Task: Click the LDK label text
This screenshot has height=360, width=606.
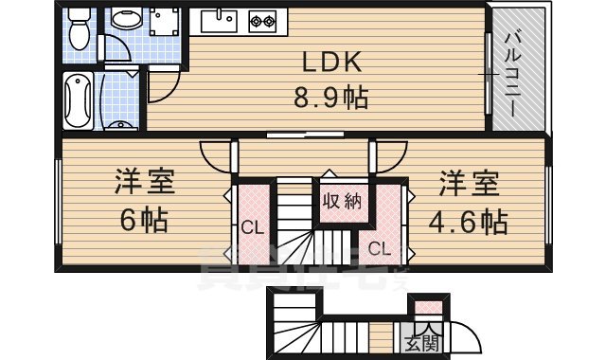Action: pyautogui.click(x=330, y=63)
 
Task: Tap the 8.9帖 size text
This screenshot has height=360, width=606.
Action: pyautogui.click(x=330, y=97)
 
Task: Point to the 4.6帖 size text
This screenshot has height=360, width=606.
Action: pyautogui.click(x=468, y=222)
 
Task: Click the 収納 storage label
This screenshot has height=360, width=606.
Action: pyautogui.click(x=342, y=201)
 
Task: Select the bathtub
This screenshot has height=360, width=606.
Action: pyautogui.click(x=79, y=99)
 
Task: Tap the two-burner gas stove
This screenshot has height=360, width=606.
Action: pyautogui.click(x=261, y=21)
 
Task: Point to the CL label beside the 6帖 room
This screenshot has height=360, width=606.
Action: pyautogui.click(x=250, y=227)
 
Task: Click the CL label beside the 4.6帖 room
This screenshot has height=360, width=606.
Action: pyautogui.click(x=379, y=250)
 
